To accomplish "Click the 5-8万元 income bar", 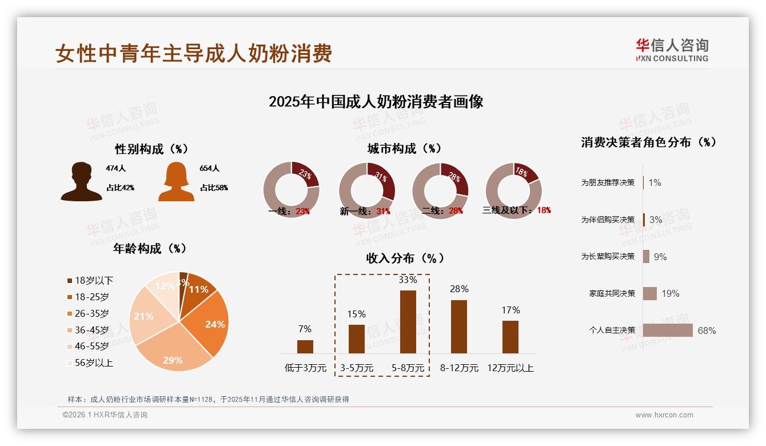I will click(x=408, y=321).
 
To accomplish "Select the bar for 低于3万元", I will click(x=305, y=347).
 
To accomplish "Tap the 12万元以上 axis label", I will click(x=510, y=368).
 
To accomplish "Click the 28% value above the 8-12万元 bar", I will click(x=459, y=289).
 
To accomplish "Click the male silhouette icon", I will click(x=82, y=182).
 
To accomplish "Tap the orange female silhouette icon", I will click(x=176, y=182).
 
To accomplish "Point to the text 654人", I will click(x=209, y=169).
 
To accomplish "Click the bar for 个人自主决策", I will click(x=668, y=330).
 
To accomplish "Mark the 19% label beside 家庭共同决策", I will click(x=671, y=293).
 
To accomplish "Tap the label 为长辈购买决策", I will click(x=608, y=257).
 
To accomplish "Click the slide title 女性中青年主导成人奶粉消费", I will click(x=194, y=53).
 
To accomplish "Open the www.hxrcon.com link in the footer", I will click(x=664, y=415).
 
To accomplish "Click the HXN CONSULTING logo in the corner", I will click(x=672, y=50).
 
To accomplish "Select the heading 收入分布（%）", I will click(x=405, y=258).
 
